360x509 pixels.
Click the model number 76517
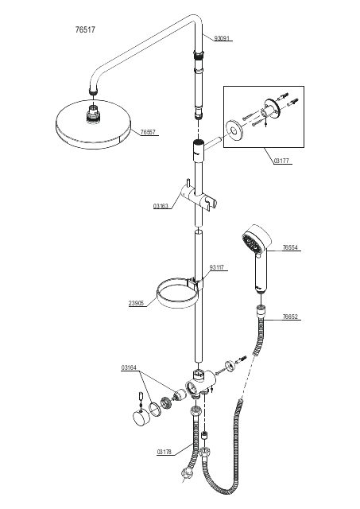click(85, 29)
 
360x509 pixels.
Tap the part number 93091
click(222, 39)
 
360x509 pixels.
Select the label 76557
click(148, 132)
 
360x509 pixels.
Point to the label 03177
click(281, 161)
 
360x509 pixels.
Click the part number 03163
click(161, 206)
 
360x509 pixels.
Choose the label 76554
click(290, 247)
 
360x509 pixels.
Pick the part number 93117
click(217, 267)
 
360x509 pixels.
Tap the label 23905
click(136, 303)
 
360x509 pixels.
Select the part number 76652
click(290, 317)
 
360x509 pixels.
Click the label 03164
click(129, 367)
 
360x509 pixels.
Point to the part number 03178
click(165, 452)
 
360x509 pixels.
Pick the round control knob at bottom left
click(141, 418)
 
